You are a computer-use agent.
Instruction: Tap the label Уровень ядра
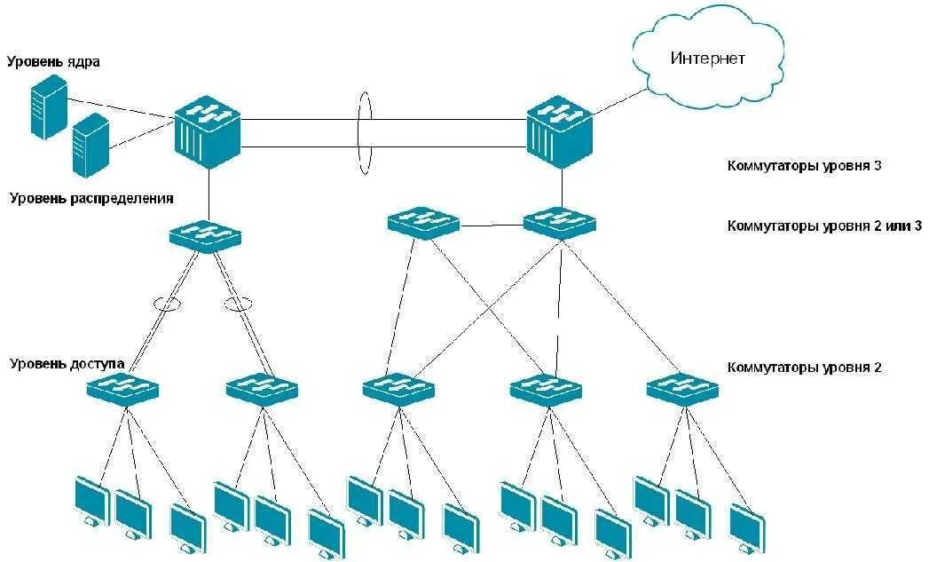pyautogui.click(x=53, y=62)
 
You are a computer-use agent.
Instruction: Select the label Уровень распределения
pyautogui.click(x=91, y=198)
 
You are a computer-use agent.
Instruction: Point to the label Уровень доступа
pyautogui.click(x=67, y=363)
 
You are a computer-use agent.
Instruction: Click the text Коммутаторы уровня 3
pyautogui.click(x=804, y=165)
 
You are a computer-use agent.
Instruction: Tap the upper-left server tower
pyautogui.click(x=49, y=107)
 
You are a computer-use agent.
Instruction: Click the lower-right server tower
pyautogui.click(x=91, y=146)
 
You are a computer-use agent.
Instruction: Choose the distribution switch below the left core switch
pyautogui.click(x=205, y=236)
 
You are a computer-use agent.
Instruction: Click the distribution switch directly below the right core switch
pyautogui.click(x=559, y=222)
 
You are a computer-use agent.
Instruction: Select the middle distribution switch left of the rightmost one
pyautogui.click(x=423, y=223)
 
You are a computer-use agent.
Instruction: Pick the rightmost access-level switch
pyautogui.click(x=681, y=388)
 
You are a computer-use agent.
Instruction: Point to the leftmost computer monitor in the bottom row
pyautogui.click(x=91, y=502)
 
